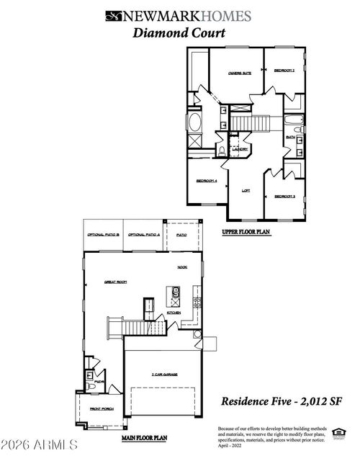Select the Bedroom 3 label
point(285,196)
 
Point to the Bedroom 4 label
point(206,180)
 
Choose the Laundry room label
point(240,149)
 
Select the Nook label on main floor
point(182,266)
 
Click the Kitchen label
point(174,313)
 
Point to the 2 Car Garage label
point(164,375)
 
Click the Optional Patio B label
point(102,235)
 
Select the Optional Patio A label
point(143,235)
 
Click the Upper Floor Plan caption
point(246,233)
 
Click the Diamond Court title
point(179,32)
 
